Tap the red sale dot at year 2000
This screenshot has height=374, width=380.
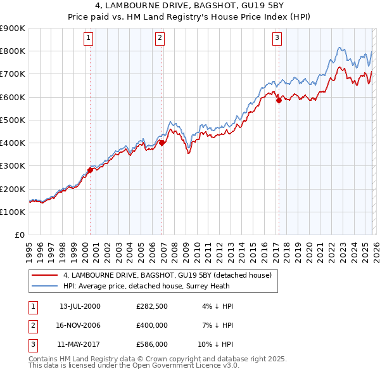coord(91,170)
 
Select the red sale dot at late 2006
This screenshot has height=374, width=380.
coord(162,143)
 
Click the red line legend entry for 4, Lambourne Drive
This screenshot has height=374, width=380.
coord(167,275)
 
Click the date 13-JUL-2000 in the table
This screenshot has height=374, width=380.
coord(80,306)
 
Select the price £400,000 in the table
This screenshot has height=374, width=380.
coord(152,325)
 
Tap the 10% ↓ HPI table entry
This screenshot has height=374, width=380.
coord(219,344)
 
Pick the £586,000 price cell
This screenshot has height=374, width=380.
coord(152,344)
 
